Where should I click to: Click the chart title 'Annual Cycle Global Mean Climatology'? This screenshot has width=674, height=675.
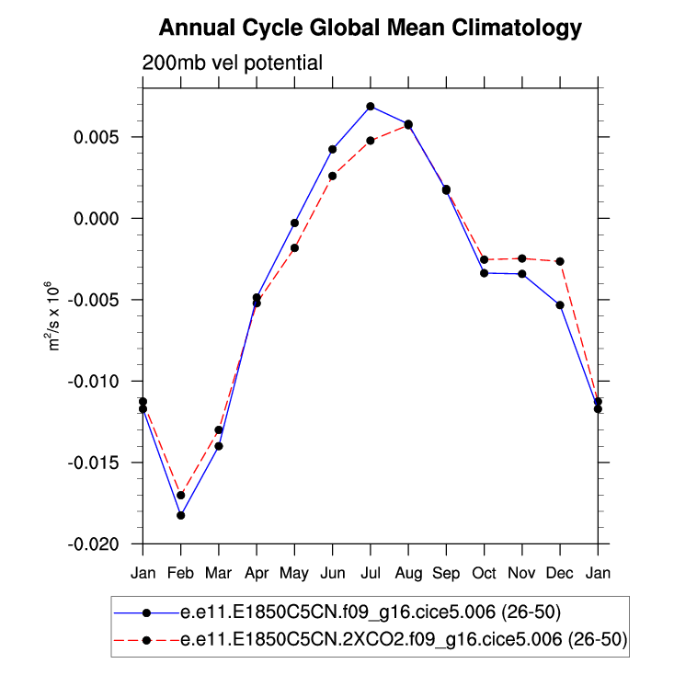click(371, 29)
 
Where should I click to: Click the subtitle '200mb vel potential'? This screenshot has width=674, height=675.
click(232, 63)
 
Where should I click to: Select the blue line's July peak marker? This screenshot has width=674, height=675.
click(371, 107)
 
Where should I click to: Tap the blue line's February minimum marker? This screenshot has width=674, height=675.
click(181, 515)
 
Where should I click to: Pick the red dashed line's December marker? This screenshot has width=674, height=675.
click(560, 261)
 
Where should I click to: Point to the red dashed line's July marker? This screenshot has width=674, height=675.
click(371, 141)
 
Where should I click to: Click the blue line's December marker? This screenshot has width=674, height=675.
click(560, 304)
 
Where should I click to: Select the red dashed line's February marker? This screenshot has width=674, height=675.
click(181, 495)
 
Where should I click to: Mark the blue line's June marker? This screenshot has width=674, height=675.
click(333, 149)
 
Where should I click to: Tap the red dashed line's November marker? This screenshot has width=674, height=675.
click(522, 258)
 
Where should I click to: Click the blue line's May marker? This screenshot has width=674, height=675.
click(294, 223)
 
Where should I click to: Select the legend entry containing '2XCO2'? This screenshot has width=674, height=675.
click(405, 641)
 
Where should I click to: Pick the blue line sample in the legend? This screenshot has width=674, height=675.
click(146, 612)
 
